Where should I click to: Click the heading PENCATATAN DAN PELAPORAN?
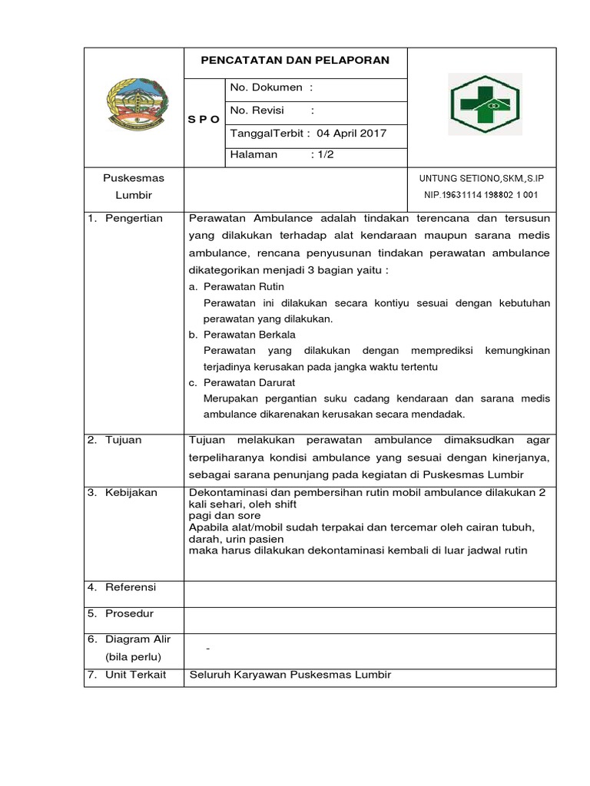295,61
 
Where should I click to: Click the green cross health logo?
485,104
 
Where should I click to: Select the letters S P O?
204,120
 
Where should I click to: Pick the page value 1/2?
323,155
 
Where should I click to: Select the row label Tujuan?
124,440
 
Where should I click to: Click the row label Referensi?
131,587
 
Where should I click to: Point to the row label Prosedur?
130,613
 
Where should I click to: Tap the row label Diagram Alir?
138,639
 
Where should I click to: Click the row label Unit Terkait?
135,675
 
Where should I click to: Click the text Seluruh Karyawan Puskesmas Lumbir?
290,675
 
